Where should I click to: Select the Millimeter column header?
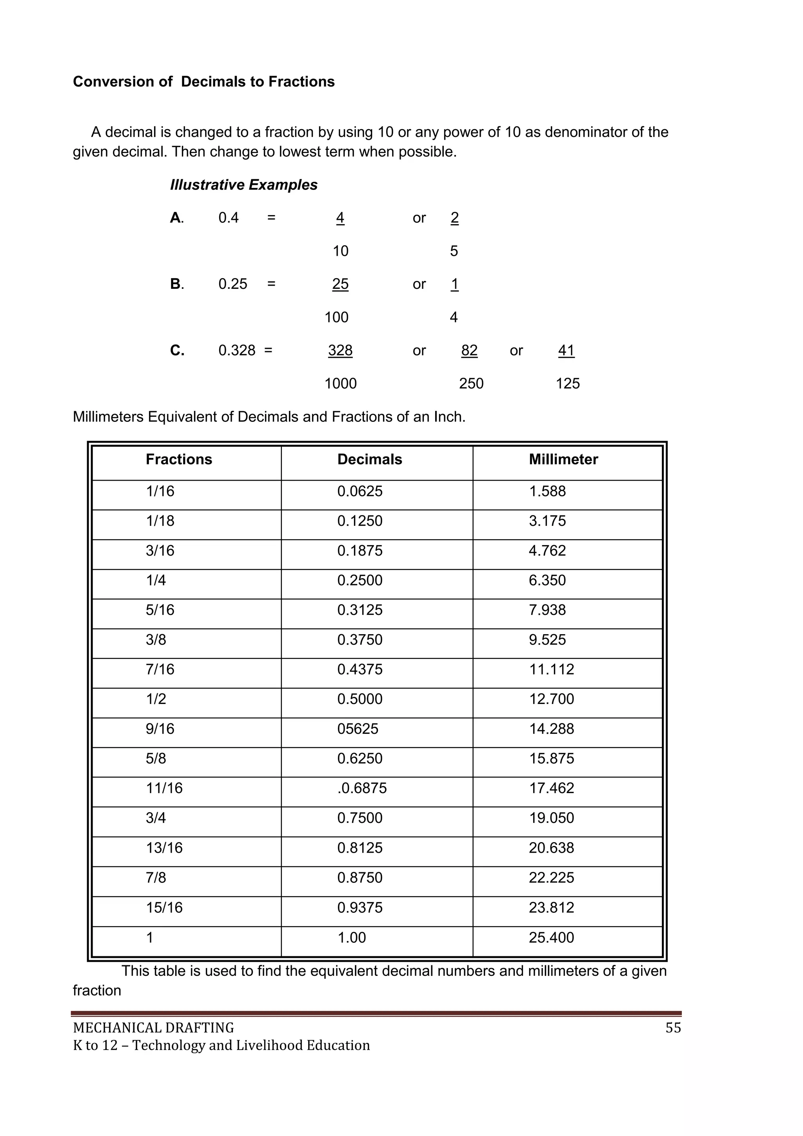(563, 460)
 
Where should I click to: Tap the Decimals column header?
(369, 460)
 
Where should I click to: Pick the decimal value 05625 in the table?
(358, 729)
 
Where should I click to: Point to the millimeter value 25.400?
(551, 937)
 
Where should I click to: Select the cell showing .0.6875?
(362, 788)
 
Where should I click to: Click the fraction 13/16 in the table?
(164, 848)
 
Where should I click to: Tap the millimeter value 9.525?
(547, 640)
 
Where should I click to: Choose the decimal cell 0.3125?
(360, 610)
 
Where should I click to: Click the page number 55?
(673, 1028)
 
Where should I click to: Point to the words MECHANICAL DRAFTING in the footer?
(153, 1028)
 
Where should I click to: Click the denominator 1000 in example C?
(340, 383)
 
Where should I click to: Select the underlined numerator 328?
(340, 350)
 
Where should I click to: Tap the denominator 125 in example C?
(567, 383)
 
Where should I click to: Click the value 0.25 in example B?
(233, 284)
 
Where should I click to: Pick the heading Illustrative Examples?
(244, 185)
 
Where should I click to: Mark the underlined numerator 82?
(469, 350)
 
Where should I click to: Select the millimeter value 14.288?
(551, 729)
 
